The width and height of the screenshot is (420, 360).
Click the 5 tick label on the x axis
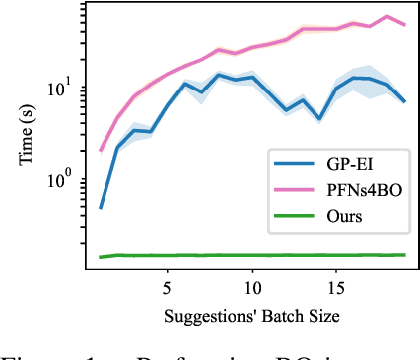click(167, 285)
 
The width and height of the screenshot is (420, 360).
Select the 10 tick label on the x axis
click(252, 285)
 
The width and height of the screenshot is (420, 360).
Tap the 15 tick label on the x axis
click(336, 285)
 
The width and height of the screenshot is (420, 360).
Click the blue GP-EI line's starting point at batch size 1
click(101, 208)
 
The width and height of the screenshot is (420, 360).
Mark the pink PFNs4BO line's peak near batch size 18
click(387, 17)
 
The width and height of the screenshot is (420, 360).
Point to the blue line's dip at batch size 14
click(319, 118)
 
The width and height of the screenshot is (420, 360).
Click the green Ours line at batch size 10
click(252, 255)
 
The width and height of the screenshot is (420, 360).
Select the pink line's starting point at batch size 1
click(101, 151)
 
